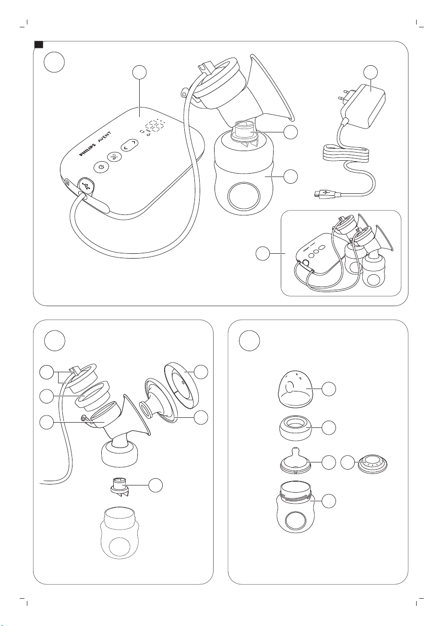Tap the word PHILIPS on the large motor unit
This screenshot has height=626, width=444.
[x=87, y=150]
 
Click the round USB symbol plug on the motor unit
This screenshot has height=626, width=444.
[x=85, y=185]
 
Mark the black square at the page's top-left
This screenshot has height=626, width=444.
[x=38, y=45]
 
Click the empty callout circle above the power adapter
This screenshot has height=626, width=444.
[x=371, y=72]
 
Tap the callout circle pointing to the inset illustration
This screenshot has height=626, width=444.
[x=263, y=253]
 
